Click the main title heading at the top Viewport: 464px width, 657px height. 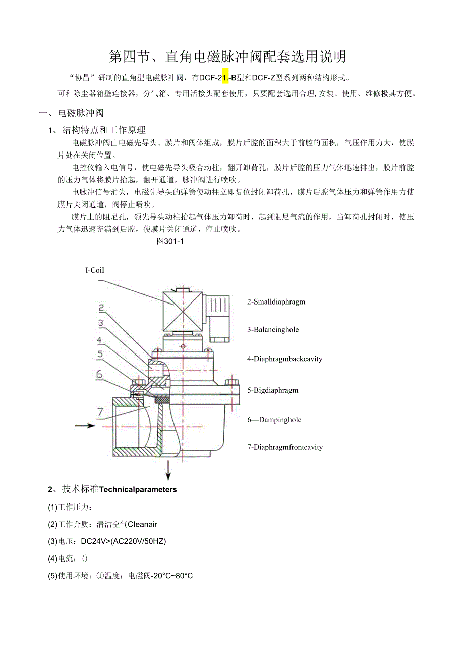(x=228, y=57)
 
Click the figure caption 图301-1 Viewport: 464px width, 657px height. (x=170, y=241)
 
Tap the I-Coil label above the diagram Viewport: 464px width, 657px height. (x=95, y=270)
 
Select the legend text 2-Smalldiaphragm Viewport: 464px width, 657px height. (x=276, y=302)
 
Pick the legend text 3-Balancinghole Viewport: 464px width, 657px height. (x=273, y=330)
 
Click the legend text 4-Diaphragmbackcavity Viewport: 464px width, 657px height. (x=284, y=359)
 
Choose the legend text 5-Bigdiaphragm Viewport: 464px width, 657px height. (x=272, y=390)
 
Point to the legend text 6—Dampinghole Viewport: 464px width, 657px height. (x=274, y=420)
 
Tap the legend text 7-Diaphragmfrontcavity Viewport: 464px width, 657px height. (x=285, y=447)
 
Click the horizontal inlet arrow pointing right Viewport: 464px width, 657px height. (x=85, y=426)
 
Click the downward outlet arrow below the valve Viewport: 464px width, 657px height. (x=168, y=470)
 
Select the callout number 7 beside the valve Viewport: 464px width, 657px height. (x=100, y=410)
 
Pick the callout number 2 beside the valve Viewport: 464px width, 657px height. (x=101, y=308)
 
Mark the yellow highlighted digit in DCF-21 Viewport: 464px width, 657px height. (x=225, y=77)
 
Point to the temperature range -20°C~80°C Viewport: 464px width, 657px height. (x=172, y=576)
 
